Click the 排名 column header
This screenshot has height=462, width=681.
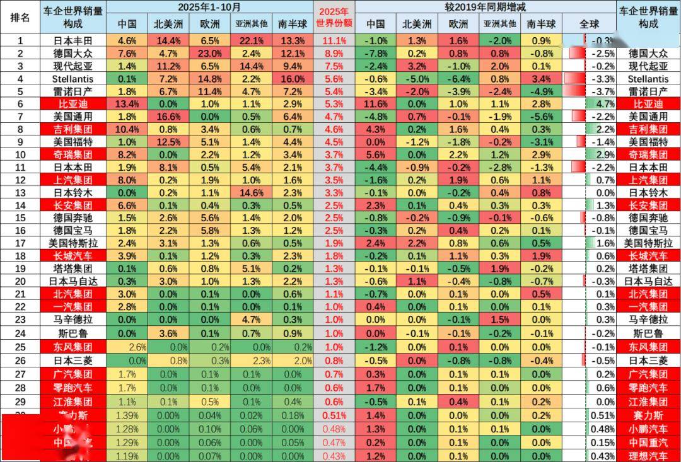(20, 16)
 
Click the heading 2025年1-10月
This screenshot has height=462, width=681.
(209, 7)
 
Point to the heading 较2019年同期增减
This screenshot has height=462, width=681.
(485, 7)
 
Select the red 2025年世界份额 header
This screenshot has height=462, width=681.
(334, 17)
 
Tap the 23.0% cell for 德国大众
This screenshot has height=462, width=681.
(209, 53)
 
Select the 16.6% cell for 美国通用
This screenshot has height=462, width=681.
(168, 116)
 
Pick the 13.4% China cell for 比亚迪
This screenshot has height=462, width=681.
(127, 103)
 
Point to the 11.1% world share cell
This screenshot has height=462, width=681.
(334, 40)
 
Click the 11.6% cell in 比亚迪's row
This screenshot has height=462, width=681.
(376, 103)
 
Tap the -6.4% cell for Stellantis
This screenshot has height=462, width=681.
(458, 78)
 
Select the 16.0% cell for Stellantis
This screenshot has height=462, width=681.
(293, 78)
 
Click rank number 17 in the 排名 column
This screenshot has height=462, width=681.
(20, 243)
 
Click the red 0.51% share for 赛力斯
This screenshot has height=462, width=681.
(334, 415)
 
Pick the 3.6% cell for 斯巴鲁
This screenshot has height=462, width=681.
(168, 332)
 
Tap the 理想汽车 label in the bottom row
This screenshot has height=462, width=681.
(648, 454)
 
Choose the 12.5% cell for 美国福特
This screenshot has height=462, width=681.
(168, 142)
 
